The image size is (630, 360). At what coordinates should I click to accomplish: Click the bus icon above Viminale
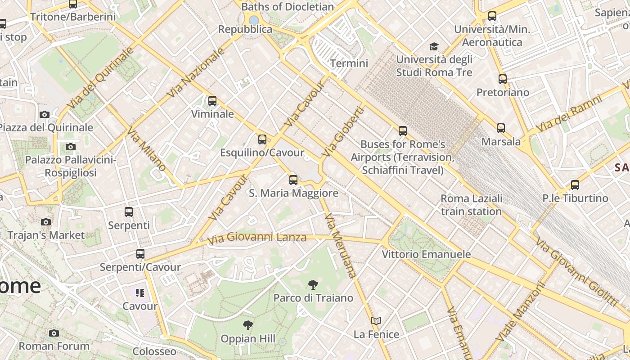[x=212, y=101]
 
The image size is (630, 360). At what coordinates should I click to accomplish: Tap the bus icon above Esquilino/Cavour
[x=262, y=139]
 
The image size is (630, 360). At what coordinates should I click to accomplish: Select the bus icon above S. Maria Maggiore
[x=293, y=180]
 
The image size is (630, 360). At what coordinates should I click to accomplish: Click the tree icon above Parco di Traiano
[x=313, y=284]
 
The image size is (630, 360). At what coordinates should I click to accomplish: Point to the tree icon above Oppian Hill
[x=247, y=325]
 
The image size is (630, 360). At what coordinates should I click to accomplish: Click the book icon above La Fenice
[x=376, y=321]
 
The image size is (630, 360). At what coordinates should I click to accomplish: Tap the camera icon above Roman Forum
[x=54, y=333]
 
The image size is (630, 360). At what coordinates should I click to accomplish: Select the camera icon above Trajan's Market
[x=45, y=222]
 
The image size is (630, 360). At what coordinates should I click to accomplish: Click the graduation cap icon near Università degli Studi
[x=434, y=46]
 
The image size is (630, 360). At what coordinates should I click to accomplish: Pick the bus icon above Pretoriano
[x=503, y=79]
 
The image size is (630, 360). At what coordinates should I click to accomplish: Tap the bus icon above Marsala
[x=501, y=128]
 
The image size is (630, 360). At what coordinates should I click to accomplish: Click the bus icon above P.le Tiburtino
[x=575, y=185]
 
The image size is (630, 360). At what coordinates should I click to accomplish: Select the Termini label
[x=349, y=63]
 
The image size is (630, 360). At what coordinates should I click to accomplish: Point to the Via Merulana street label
[x=341, y=245]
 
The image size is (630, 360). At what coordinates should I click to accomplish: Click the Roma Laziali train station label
[x=471, y=205]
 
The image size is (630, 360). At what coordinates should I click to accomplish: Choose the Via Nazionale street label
[x=196, y=72]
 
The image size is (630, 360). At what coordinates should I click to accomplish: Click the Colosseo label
[x=154, y=351]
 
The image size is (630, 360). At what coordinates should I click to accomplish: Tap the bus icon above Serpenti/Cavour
[x=140, y=254]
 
